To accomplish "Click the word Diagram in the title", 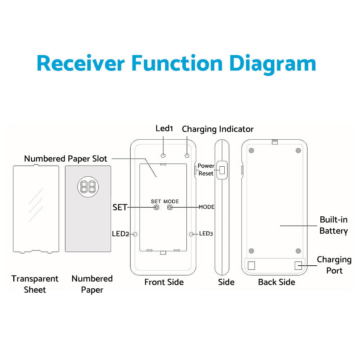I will [273, 63].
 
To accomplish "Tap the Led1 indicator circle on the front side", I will [163, 156].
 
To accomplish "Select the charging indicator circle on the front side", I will [187, 156].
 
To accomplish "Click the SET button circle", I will [157, 207].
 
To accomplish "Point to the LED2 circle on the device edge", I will [135, 234].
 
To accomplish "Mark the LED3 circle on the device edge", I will [192, 234].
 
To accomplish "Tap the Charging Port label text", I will [334, 265].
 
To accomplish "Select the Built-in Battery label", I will [333, 225].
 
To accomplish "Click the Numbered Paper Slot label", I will [66, 159].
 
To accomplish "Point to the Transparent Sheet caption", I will [35, 284].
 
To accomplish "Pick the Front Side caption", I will [164, 282].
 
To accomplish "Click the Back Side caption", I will [276, 282].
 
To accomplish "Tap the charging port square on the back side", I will [298, 266].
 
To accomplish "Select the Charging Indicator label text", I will [218, 129].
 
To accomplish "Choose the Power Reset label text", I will [206, 170].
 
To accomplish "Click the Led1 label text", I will [165, 128].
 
